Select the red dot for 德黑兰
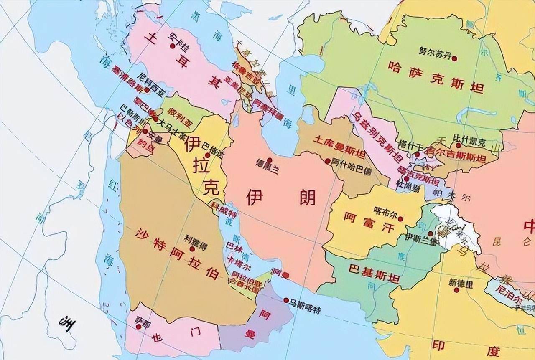click(x=270, y=160)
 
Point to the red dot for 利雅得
click(x=192, y=249)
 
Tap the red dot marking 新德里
click(x=456, y=290)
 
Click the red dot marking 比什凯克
click(x=459, y=145)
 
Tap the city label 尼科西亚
click(x=150, y=78)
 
